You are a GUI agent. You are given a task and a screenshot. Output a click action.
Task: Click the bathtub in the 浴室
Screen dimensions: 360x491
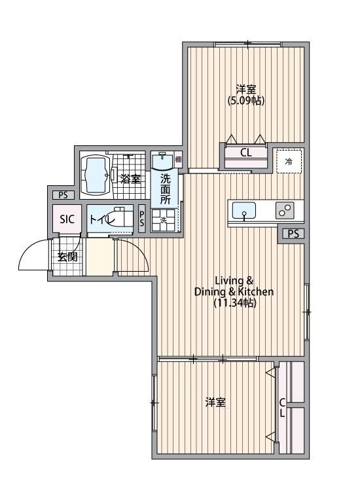pyautogui.click(x=96, y=175)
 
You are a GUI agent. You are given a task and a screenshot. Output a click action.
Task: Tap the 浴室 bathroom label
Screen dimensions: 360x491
pyautogui.click(x=130, y=179)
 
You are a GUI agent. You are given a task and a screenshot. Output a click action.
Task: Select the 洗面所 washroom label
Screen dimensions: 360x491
pyautogui.click(x=165, y=189)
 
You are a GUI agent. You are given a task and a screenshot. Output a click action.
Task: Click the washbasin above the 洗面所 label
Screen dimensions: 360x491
pyautogui.click(x=162, y=161)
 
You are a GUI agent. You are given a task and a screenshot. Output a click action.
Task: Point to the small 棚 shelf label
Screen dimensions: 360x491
pyautogui.click(x=178, y=159)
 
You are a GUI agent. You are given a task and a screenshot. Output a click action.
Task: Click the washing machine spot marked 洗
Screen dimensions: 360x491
pyautogui.click(x=164, y=220)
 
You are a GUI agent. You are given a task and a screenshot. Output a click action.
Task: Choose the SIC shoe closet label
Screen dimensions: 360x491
pyautogui.click(x=67, y=219)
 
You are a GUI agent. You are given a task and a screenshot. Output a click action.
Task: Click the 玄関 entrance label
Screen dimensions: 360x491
pyautogui.click(x=67, y=257)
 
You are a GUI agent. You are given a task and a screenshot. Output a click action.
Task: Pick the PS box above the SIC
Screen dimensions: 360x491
pyautogui.click(x=63, y=195)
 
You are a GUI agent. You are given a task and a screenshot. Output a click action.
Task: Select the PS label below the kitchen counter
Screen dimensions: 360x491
pyautogui.click(x=293, y=234)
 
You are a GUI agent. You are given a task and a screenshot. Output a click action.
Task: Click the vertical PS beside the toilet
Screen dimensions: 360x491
pyautogui.click(x=142, y=218)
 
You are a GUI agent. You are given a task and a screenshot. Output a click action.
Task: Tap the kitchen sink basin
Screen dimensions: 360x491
pyautogui.click(x=244, y=210)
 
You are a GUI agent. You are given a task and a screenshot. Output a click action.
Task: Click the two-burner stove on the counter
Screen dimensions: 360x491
pyautogui.click(x=285, y=210)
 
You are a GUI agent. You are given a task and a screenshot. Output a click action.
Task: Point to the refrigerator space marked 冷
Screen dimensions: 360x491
pyautogui.click(x=289, y=161)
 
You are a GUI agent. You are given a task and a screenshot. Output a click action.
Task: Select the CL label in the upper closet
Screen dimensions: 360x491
pyautogui.click(x=245, y=153)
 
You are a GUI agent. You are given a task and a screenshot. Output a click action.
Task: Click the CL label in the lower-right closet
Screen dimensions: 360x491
pyautogui.click(x=282, y=408)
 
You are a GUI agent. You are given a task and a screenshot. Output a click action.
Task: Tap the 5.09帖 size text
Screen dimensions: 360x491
pyautogui.click(x=246, y=101)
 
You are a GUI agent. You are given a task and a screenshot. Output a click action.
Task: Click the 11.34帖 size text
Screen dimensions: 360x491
pyautogui.click(x=235, y=303)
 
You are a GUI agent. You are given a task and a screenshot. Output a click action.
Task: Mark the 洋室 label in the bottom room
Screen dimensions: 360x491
pyautogui.click(x=215, y=403)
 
